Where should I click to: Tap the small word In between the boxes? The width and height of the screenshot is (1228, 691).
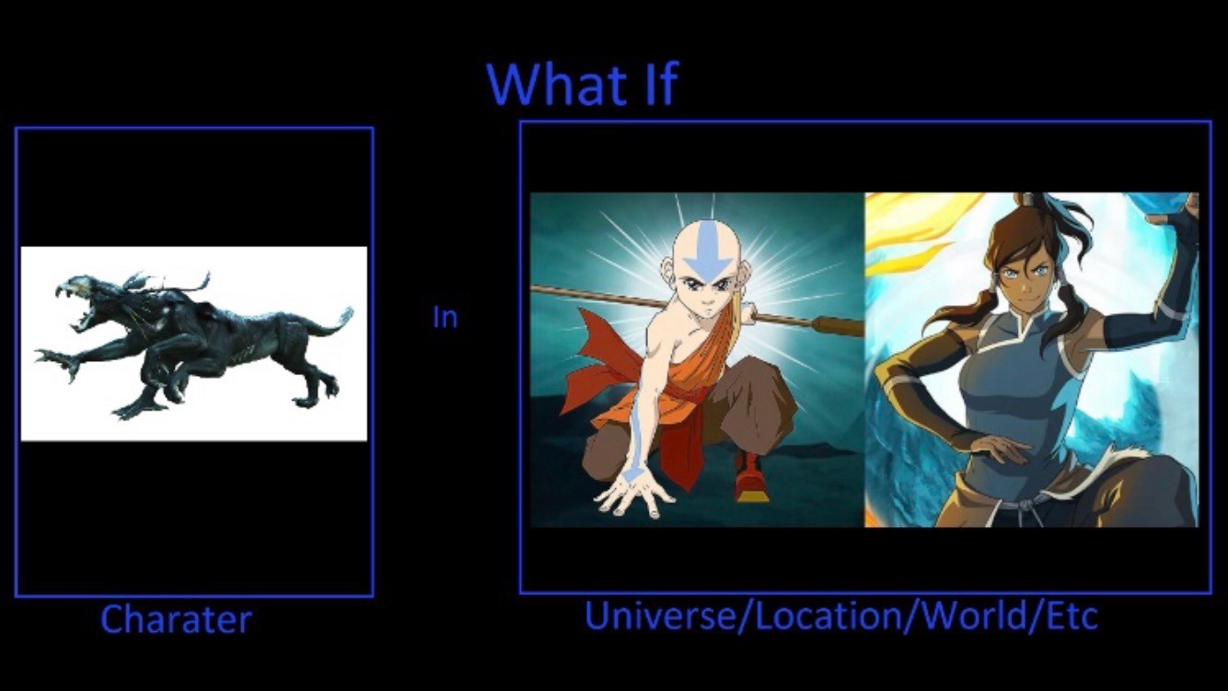tap(445, 317)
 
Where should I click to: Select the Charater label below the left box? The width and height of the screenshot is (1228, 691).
tap(176, 619)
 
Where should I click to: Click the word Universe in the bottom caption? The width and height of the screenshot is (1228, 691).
tap(662, 615)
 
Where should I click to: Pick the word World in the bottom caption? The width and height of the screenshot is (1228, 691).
tap(981, 615)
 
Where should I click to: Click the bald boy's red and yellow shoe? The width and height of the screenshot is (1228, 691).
tap(749, 477)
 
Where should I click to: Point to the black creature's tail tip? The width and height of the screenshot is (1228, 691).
tap(346, 314)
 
